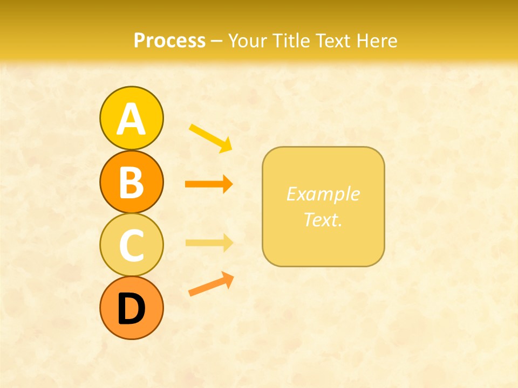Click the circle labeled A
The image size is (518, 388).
(131, 118)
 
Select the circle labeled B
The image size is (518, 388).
(131, 182)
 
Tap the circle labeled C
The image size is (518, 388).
(131, 245)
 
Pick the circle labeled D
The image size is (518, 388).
(131, 308)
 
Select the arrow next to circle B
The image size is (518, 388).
(208, 184)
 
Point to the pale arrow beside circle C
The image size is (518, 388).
(209, 242)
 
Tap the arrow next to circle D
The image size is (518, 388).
(211, 284)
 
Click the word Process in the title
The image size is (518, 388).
(169, 40)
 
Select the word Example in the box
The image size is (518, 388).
(323, 194)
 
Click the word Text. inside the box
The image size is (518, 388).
(323, 219)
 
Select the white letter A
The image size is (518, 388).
(131, 119)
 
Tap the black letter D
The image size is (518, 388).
(131, 309)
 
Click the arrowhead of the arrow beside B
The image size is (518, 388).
(228, 184)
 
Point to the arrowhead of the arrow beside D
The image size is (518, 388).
(229, 279)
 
